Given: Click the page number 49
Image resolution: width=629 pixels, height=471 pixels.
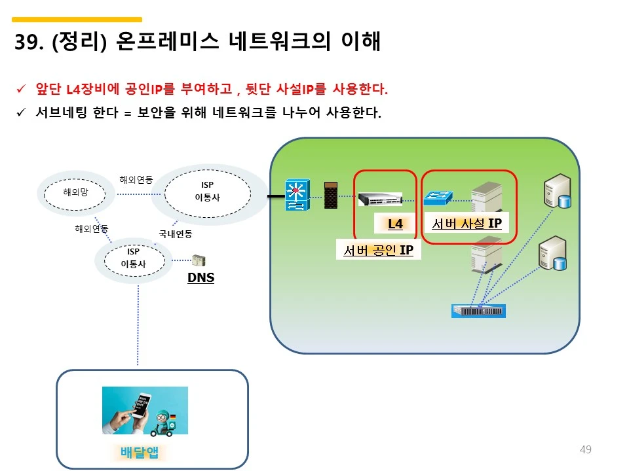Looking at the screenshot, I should (x=586, y=449).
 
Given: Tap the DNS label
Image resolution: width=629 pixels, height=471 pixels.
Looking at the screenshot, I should (x=200, y=278).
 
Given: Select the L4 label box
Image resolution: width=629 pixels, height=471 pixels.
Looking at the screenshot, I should (x=395, y=224).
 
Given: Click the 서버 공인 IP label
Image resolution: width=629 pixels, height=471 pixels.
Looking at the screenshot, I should (x=378, y=249).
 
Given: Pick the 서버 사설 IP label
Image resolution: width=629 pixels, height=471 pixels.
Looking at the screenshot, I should (x=467, y=224).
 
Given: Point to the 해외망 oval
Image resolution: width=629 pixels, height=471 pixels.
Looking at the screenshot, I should (x=75, y=192).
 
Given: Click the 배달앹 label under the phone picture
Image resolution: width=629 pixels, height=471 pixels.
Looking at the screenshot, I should (x=140, y=452).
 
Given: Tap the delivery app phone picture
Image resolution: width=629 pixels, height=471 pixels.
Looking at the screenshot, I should (x=145, y=410).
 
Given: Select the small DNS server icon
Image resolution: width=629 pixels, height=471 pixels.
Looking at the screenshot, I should (x=198, y=261).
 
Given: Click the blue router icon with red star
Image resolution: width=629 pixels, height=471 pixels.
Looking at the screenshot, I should (x=296, y=195).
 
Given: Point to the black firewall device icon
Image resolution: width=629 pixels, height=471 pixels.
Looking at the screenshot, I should (x=332, y=195).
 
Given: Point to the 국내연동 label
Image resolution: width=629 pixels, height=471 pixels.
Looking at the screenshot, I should (x=176, y=234).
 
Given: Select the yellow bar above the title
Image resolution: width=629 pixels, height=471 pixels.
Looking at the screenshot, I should (x=77, y=20).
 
